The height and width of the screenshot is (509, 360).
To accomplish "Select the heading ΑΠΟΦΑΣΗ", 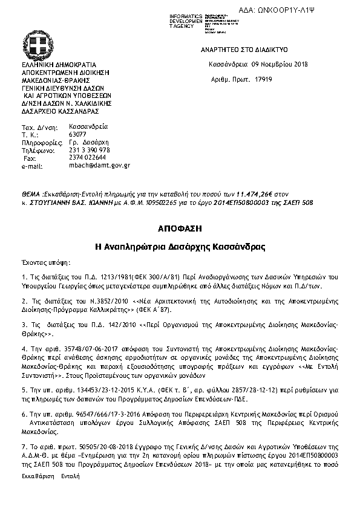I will click(179, 229).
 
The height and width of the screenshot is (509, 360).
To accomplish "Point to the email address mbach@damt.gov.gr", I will click(100, 165).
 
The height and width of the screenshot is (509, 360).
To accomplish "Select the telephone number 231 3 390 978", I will click(90, 150).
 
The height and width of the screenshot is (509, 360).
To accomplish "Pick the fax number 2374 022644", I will click(88, 157).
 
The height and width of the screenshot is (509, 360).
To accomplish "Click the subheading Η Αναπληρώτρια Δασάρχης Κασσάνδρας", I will click(179, 247).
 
